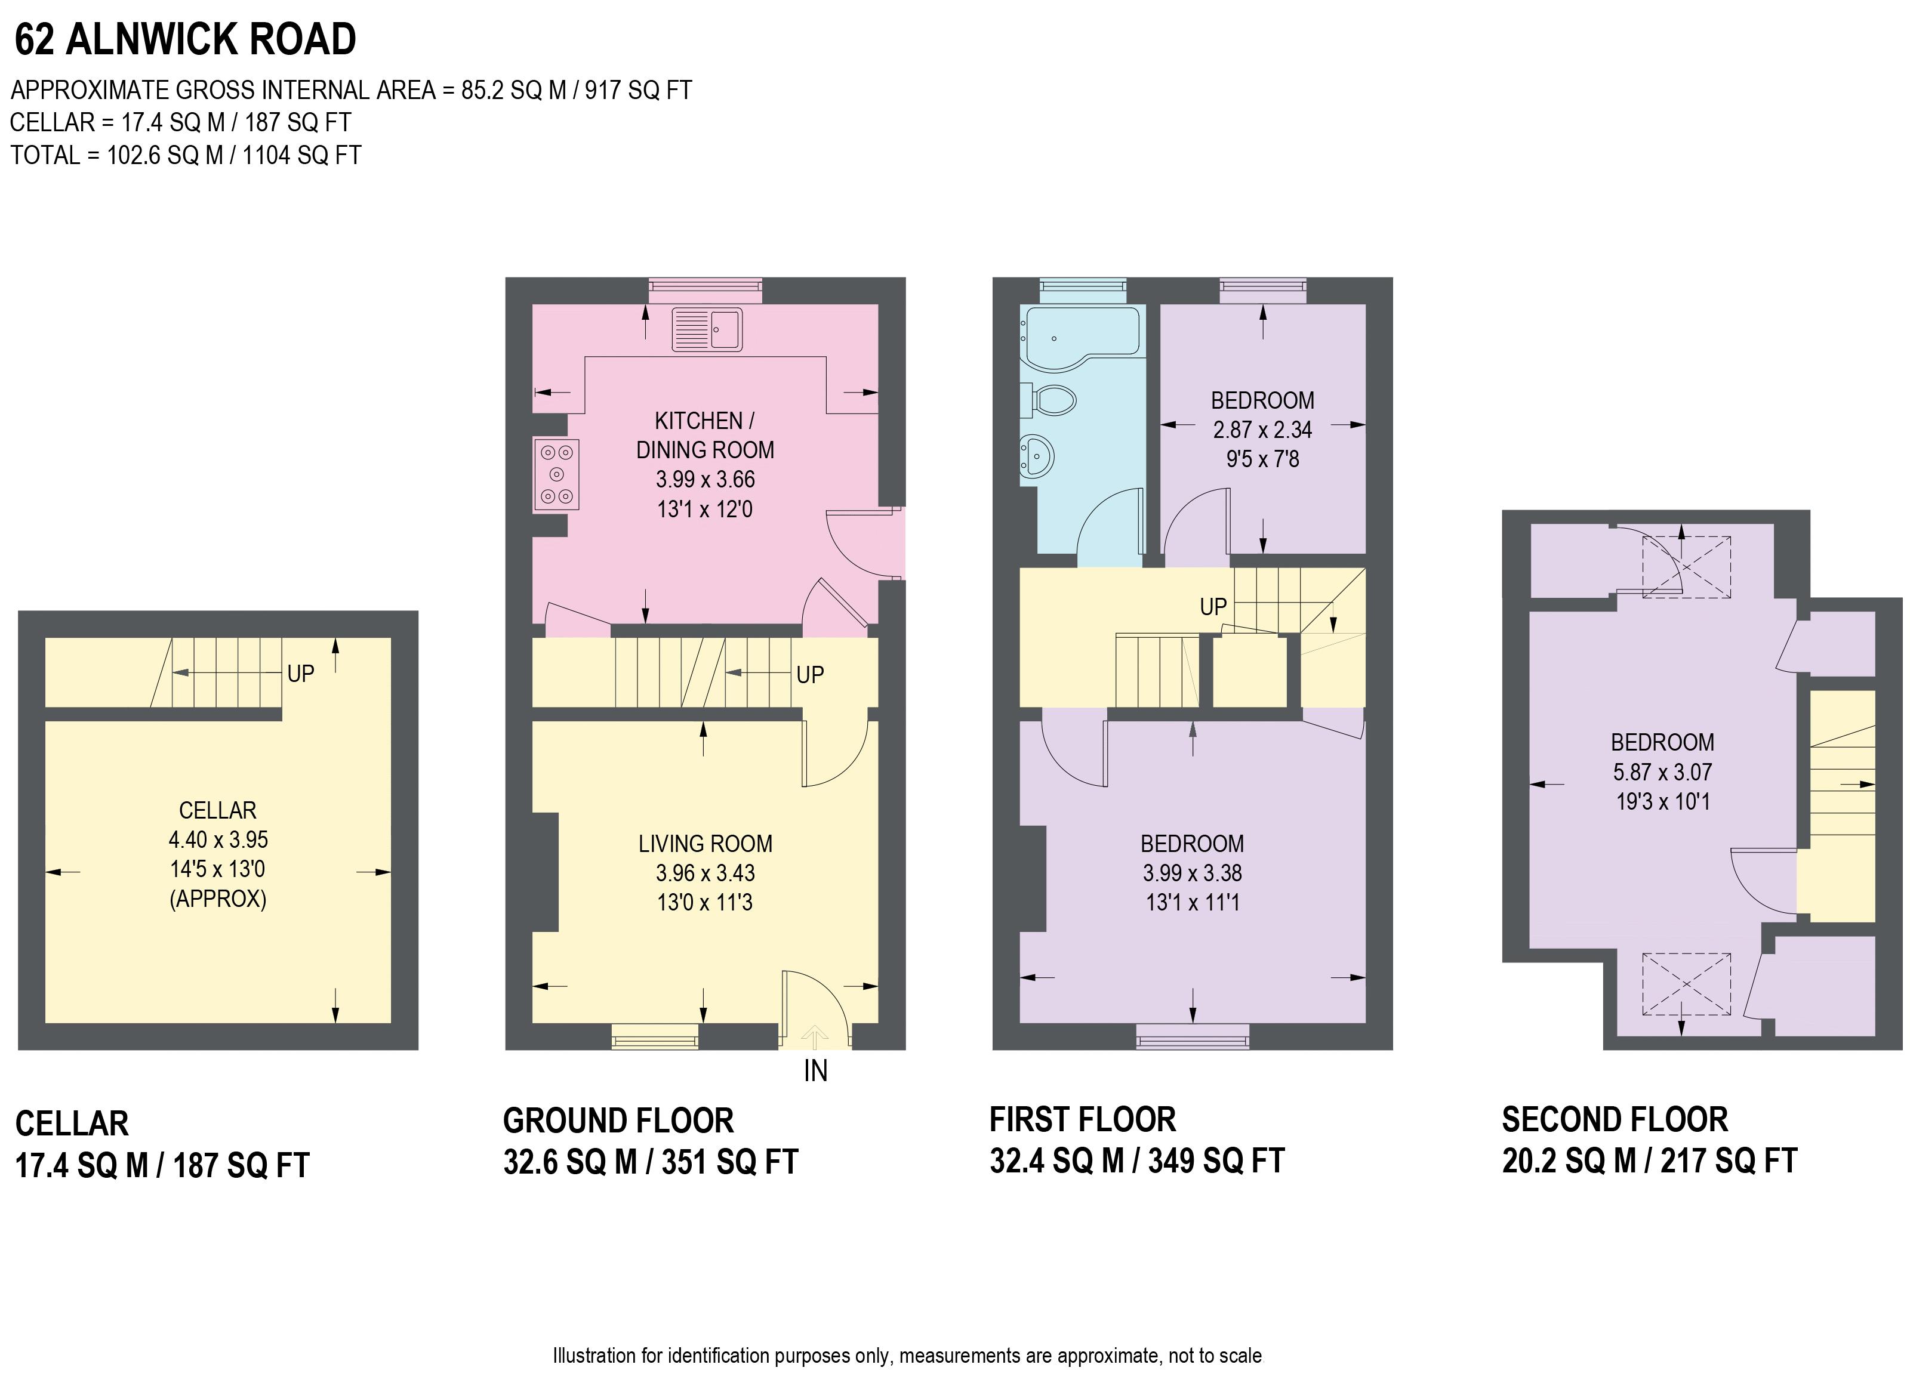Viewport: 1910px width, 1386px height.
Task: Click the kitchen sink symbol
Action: click(x=707, y=329)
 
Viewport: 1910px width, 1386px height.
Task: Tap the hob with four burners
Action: click(x=556, y=475)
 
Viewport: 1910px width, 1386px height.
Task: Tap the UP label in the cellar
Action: click(x=301, y=674)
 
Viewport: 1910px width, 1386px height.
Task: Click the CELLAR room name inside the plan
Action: click(x=217, y=810)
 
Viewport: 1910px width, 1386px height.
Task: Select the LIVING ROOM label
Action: click(x=705, y=844)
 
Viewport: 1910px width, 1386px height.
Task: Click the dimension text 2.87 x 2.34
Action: click(x=1262, y=430)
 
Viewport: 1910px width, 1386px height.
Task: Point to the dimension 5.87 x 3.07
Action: click(x=1662, y=772)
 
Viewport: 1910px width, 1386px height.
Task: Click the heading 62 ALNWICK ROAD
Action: click(x=185, y=39)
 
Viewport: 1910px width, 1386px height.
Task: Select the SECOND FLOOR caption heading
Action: click(x=1615, y=1120)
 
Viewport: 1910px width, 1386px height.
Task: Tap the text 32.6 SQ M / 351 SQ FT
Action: click(x=650, y=1163)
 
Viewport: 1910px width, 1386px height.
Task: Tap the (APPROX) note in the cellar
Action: click(x=217, y=899)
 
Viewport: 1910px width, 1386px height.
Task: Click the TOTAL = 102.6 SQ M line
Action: click(x=185, y=156)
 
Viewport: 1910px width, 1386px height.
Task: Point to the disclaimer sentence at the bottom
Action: click(x=907, y=1356)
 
